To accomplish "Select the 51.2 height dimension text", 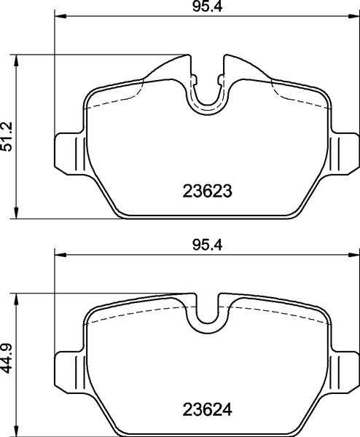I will pos(7,136).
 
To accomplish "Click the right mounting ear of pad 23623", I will pos(344,153).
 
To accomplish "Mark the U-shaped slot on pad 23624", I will pos(208,313).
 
